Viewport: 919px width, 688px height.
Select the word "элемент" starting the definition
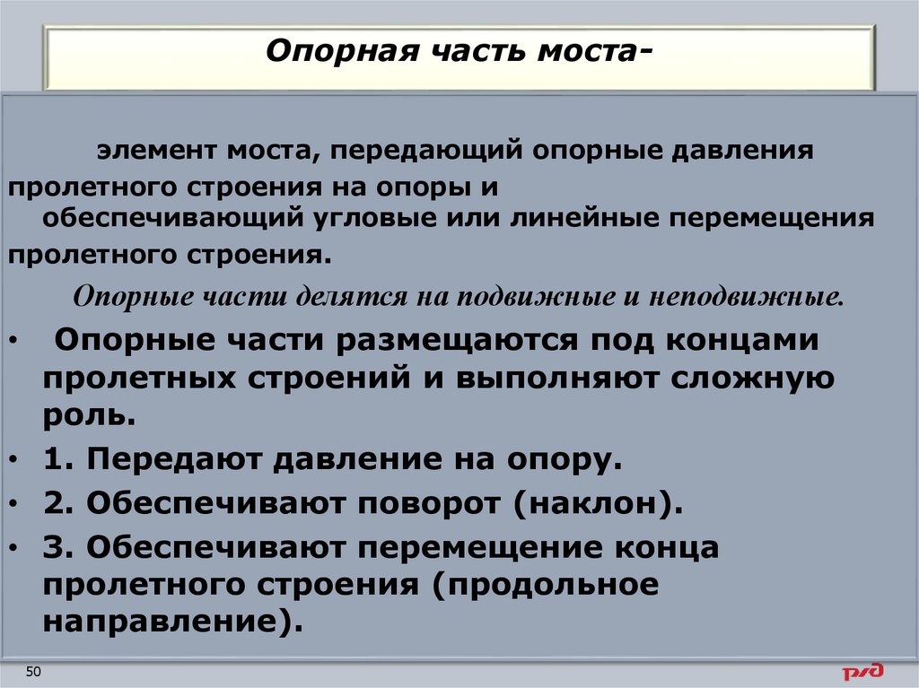[x=148, y=149]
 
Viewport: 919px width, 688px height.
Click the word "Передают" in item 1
[x=175, y=460]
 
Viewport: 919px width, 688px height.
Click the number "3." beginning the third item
[x=58, y=547]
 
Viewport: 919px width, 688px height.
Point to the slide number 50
[x=34, y=673]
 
